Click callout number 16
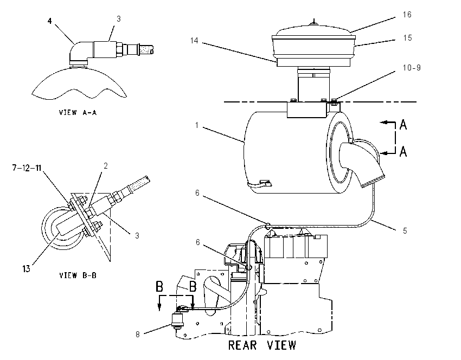click(407, 15)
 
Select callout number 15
click(407, 38)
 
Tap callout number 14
click(194, 41)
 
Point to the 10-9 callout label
click(412, 68)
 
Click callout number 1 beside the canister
click(197, 125)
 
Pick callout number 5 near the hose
click(405, 231)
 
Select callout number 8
click(138, 334)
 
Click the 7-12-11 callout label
click(27, 168)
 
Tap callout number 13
click(26, 268)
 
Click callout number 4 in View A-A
click(50, 21)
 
